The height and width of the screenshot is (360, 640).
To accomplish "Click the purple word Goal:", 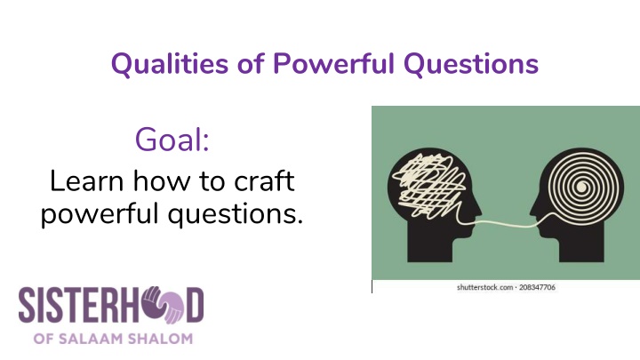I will [172, 140].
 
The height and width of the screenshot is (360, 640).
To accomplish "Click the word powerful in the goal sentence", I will [97, 213].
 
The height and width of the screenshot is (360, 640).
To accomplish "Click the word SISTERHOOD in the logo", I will [107, 306].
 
